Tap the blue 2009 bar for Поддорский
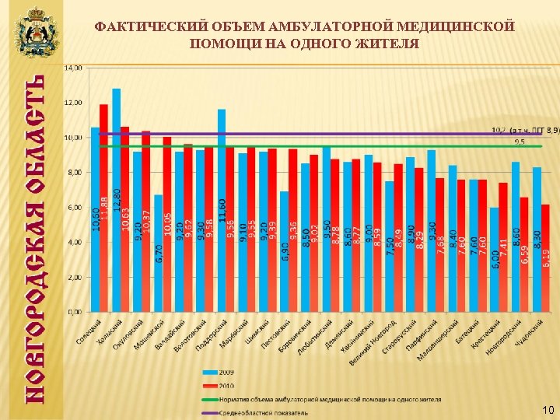(x=222, y=210)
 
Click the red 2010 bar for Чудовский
(x=545, y=257)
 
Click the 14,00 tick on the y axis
(x=72, y=68)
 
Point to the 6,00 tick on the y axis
(x=74, y=208)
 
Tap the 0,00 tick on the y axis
(x=74, y=312)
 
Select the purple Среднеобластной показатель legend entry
(x=264, y=412)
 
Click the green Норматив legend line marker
(x=211, y=399)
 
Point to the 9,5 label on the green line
(x=519, y=142)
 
